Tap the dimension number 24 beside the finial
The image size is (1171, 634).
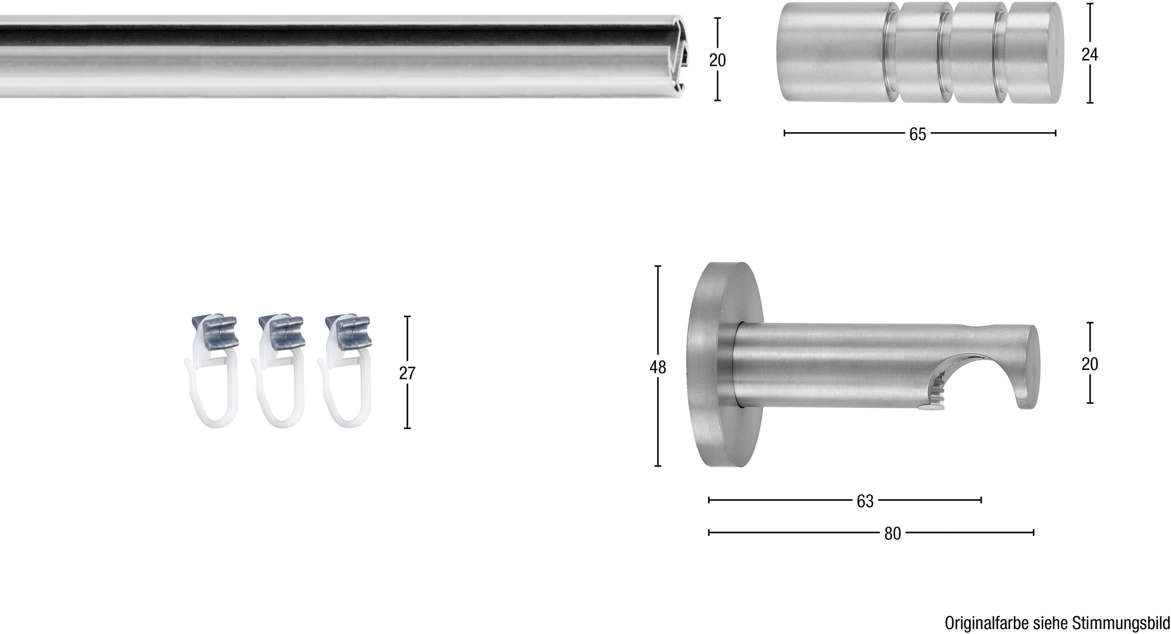click(1089, 55)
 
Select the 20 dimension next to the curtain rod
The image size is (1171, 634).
click(717, 61)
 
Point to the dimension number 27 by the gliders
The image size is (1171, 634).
click(407, 373)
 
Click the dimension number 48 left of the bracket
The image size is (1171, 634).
click(657, 368)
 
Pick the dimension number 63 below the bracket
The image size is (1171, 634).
click(865, 501)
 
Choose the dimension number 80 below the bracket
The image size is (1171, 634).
click(892, 534)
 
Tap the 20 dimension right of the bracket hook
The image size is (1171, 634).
click(1090, 364)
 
